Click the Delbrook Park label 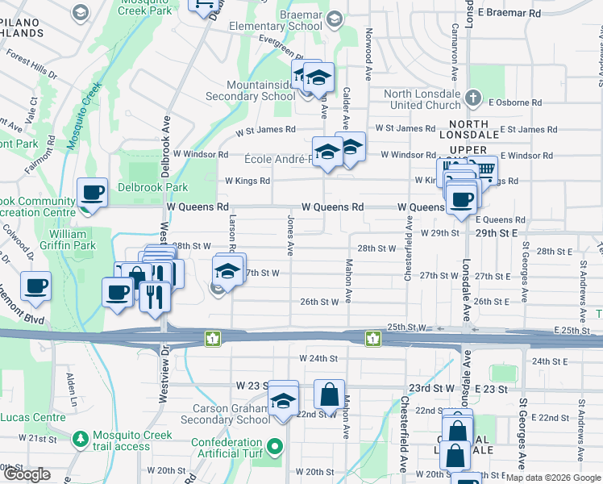click(154, 188)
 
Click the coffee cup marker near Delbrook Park click(92, 194)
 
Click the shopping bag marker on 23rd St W click(329, 396)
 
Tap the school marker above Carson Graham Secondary click(283, 399)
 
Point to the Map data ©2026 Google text click(553, 478)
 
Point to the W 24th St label click(318, 357)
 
